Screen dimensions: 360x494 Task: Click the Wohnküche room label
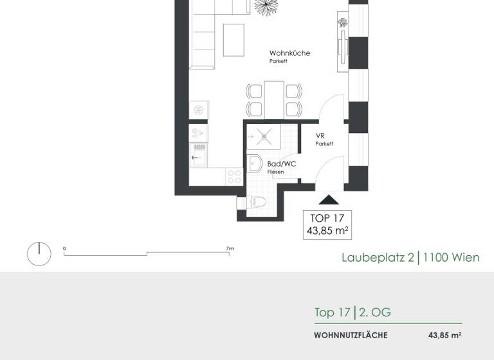point(289,53)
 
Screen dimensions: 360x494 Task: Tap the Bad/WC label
point(281,164)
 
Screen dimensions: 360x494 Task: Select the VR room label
point(320,136)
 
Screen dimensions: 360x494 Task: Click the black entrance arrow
point(328,201)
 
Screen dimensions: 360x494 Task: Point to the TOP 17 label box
point(328,224)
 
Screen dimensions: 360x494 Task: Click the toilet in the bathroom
point(257,202)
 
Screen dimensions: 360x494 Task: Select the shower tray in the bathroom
point(263,136)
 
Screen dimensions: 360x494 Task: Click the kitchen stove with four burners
point(234,177)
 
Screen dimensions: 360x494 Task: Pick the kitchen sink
point(198,156)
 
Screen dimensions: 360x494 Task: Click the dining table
point(274,100)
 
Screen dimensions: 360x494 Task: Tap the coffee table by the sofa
point(233,40)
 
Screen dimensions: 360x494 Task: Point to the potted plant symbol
point(266,6)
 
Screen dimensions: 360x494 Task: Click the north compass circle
point(39,254)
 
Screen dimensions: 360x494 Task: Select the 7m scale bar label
point(230,249)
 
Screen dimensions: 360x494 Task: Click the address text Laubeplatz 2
point(378,258)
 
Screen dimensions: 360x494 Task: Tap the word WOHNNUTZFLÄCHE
point(351,336)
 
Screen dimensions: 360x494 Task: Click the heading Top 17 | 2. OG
point(352,313)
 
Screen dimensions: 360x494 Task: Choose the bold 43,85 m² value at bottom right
point(444,336)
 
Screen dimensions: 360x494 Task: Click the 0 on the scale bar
point(64,249)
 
